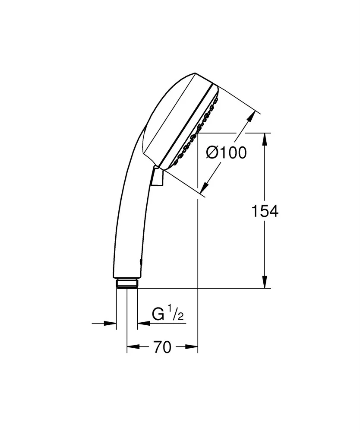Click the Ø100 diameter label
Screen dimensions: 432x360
point(226,152)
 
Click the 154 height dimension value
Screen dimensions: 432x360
point(265,211)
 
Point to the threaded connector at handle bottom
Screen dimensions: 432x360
point(127,283)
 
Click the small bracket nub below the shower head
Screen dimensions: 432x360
point(157,177)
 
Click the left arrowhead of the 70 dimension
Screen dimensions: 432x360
point(131,347)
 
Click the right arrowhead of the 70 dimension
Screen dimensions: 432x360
point(193,347)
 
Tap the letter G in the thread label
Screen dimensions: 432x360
point(158,315)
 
